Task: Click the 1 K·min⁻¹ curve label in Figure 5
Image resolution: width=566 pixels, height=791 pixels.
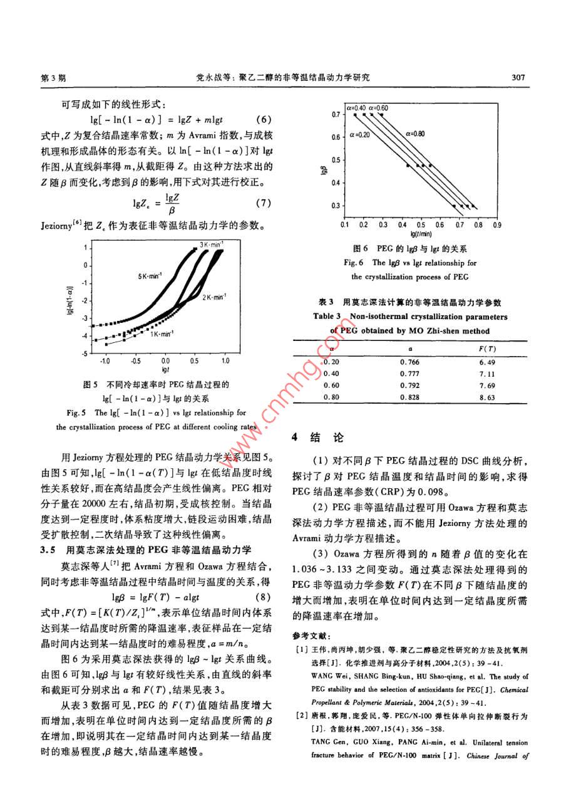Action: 162,335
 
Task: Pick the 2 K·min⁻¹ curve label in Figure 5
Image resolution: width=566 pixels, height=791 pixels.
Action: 214,297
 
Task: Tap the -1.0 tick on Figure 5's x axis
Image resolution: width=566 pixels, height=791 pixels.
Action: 105,362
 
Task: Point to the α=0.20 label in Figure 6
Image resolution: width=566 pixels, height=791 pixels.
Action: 359,134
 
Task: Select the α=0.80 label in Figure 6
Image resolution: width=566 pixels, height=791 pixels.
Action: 414,133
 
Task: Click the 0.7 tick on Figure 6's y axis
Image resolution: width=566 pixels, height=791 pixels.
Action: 336,115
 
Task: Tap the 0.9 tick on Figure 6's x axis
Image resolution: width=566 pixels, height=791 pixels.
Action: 497,224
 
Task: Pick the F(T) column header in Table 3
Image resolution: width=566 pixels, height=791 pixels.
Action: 486,348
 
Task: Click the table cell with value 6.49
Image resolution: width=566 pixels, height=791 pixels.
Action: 486,362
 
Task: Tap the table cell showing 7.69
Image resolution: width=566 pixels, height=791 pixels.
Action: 486,385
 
